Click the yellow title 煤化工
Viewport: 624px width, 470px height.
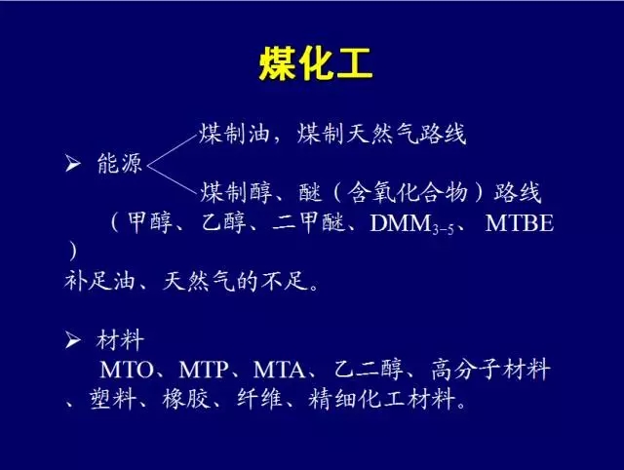point(316,63)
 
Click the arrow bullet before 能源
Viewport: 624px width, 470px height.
point(73,163)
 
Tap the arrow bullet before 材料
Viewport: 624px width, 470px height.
point(73,340)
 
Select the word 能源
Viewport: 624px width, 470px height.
point(119,163)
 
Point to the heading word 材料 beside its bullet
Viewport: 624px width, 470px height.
point(120,340)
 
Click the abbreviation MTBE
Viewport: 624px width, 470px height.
point(520,223)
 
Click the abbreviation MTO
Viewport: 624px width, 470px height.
point(127,370)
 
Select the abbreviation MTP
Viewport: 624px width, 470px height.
point(204,370)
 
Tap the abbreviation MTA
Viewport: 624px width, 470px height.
point(279,370)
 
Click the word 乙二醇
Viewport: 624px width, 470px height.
point(369,369)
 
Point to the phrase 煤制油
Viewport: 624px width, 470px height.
point(234,134)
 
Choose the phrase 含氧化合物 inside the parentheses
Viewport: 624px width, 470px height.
point(407,193)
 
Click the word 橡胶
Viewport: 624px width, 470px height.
point(186,399)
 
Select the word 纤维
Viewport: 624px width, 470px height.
point(259,399)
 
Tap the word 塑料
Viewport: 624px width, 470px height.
point(113,399)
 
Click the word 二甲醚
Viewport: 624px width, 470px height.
point(308,222)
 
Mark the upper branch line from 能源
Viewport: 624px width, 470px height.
point(173,150)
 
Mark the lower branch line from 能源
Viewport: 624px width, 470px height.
point(173,179)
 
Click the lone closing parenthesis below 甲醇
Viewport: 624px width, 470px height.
point(72,252)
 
